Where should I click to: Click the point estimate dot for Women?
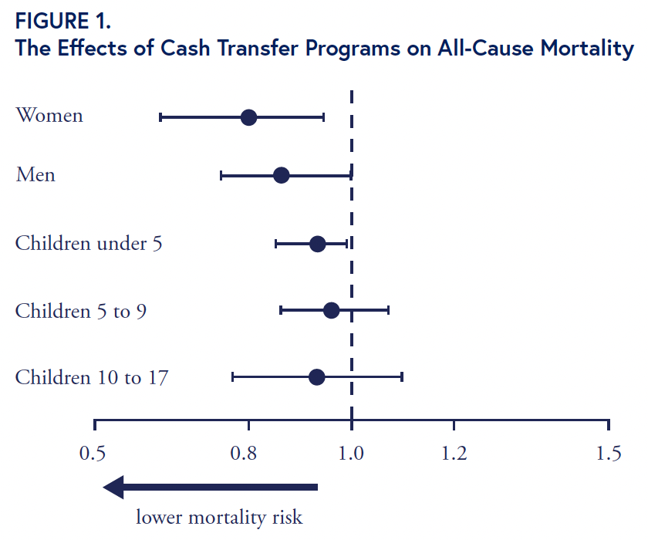pos(248,117)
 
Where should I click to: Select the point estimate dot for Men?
pos(281,175)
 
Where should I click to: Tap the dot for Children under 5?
pos(317,244)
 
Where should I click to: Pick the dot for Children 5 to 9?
pos(331,310)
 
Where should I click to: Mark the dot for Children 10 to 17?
pos(316,377)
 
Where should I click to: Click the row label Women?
pos(49,116)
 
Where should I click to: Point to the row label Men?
pos(35,175)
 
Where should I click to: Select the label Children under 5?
pos(89,244)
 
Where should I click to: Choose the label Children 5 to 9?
pos(81,311)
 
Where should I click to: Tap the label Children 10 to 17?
pos(92,378)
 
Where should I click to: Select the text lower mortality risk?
pos(220,517)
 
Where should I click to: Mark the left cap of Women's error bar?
pos(160,117)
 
